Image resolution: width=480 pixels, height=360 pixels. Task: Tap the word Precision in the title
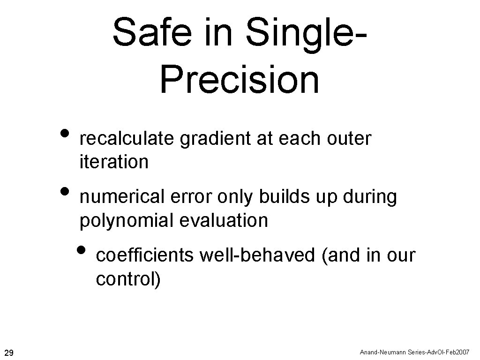240,75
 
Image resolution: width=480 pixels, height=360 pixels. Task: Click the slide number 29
8,352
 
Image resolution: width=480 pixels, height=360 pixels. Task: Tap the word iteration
114,162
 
